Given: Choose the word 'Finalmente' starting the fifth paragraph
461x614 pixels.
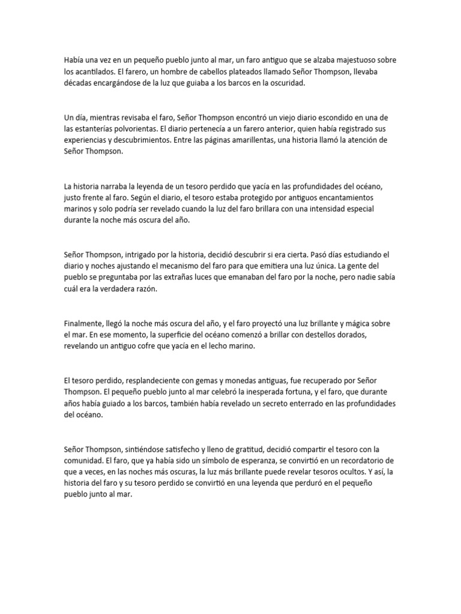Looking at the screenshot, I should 83,323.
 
